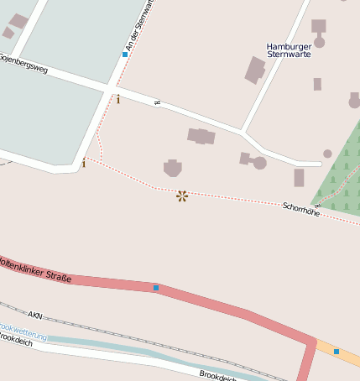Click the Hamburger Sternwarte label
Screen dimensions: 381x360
[288, 50]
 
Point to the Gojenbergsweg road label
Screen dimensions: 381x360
[23, 63]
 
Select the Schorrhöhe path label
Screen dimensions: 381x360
[301, 208]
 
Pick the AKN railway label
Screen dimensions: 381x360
[34, 315]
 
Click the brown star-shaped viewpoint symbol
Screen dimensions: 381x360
[182, 196]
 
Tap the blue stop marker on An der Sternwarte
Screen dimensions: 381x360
[125, 55]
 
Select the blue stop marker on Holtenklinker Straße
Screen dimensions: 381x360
[156, 288]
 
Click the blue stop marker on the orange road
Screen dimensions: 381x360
[337, 351]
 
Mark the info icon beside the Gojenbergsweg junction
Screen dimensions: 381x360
[117, 100]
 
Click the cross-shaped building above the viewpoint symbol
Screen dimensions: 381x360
[173, 168]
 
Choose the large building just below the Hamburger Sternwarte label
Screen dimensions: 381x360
[255, 70]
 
